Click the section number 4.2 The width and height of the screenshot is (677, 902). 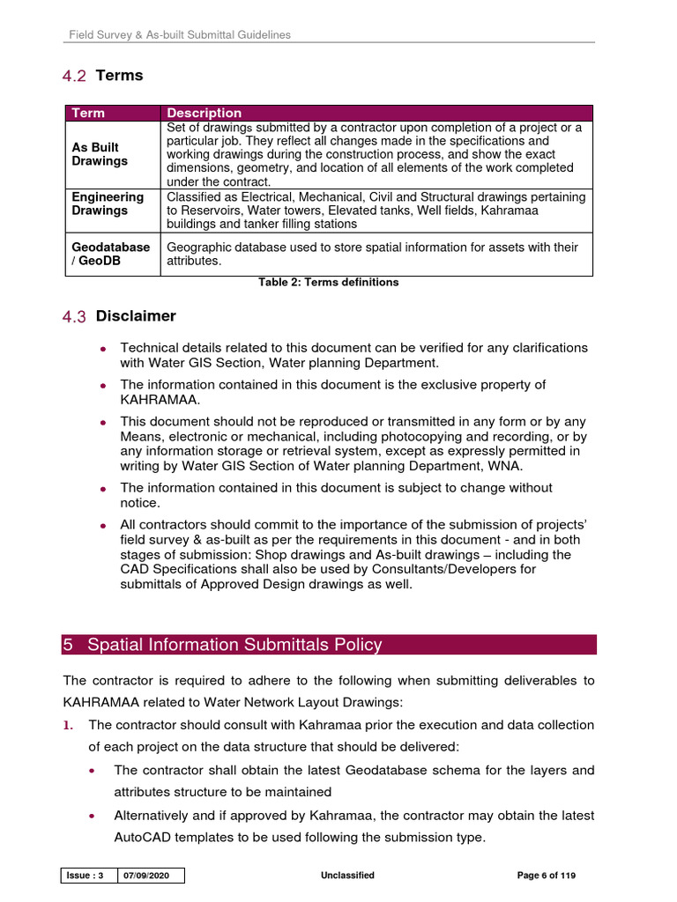74,76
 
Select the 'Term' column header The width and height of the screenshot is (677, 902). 88,113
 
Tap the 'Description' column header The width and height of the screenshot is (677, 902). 204,113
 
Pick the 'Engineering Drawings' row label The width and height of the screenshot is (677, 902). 107,203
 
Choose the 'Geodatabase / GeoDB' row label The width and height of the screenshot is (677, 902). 110,255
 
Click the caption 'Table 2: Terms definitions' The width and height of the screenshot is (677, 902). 328,282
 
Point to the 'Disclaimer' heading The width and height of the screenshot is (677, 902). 136,316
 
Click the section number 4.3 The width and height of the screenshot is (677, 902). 74,316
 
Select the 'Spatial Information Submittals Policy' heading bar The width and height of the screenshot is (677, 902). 329,645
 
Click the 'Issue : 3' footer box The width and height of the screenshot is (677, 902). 88,876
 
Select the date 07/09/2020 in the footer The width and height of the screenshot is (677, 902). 151,876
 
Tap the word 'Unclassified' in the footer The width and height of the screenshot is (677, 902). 348,876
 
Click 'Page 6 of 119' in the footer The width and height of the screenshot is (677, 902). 546,876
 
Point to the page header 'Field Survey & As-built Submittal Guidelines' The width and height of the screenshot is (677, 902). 181,35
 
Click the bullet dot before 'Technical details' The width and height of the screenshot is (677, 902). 104,349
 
